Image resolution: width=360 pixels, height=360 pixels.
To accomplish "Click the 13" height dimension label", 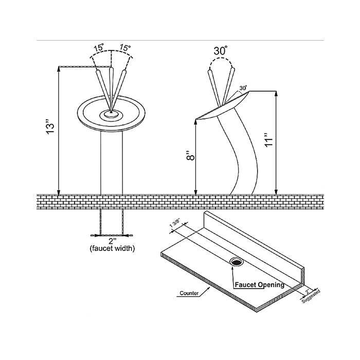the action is pos(50,127).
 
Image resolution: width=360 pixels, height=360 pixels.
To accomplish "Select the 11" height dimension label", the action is pos(268,139).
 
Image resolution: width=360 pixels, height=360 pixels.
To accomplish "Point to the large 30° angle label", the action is pos(221,51).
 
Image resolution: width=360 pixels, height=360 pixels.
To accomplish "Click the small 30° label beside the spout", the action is pos(243,88).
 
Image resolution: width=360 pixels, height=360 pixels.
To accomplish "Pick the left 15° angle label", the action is pos(99,48).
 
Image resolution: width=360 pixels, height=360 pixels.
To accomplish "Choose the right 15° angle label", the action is pos(125,48).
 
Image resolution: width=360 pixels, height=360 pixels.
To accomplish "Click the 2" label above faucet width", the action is pos(112,241).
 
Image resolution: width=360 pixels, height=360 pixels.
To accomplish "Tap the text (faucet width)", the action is pos(112,248).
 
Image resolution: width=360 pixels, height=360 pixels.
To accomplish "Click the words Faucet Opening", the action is pos(259,285).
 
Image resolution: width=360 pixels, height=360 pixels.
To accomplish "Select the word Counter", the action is pos(189,293).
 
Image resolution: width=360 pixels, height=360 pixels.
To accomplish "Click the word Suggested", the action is pos(311,297).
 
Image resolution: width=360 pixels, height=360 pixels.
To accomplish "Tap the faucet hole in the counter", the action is pos(236,261).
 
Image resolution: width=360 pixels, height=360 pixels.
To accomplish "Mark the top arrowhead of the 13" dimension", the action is pos(59,69).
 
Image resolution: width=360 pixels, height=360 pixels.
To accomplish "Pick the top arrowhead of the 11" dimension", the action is pos(276,94).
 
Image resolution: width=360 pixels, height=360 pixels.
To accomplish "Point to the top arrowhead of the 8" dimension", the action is pos(195,121).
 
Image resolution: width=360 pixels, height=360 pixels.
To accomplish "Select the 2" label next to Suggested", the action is pos(308,292).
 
